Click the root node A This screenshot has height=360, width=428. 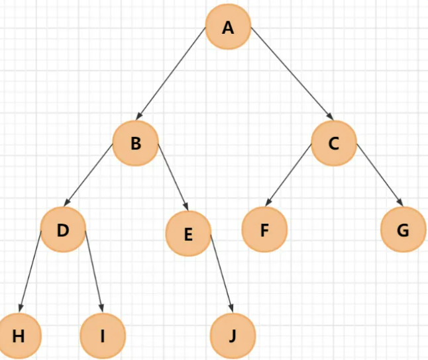(x=229, y=28)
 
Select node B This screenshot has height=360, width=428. (x=136, y=142)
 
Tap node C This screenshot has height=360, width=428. (x=334, y=142)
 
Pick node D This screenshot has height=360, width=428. (x=63, y=230)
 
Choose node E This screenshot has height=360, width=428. (x=188, y=234)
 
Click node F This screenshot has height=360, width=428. (x=264, y=230)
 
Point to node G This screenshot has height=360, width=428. (x=403, y=230)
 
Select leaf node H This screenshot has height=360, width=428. (x=19, y=335)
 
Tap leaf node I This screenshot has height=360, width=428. (x=102, y=335)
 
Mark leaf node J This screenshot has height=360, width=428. (x=232, y=335)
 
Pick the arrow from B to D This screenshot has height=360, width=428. (x=89, y=175)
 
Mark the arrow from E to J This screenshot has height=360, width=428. (x=221, y=273)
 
